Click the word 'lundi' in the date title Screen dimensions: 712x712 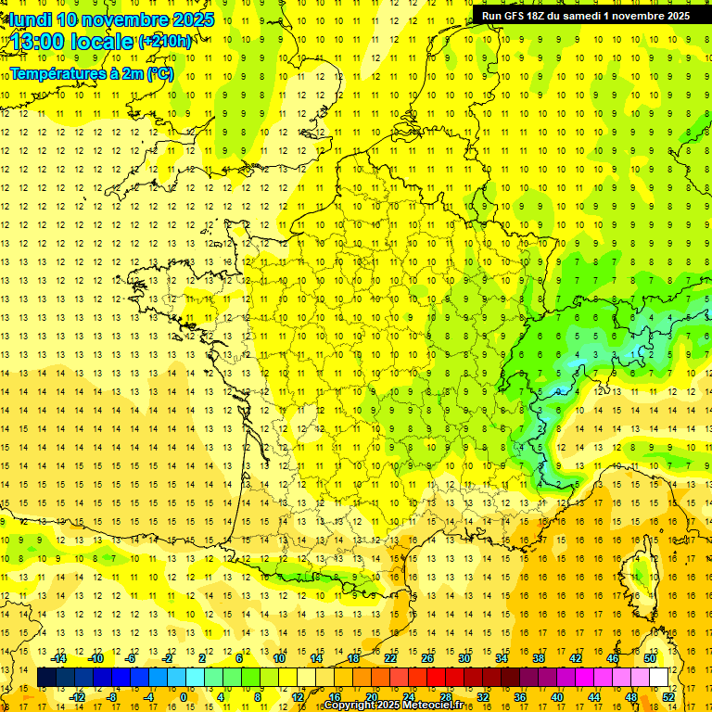coord(31,19)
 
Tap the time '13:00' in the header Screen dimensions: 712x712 coord(41,43)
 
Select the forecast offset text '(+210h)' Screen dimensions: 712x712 coord(165,42)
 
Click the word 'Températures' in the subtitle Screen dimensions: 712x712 coord(54,73)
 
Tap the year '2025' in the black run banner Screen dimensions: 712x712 coord(672,16)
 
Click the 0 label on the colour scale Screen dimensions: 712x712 coord(183,697)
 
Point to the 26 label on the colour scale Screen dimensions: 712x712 coord(427,658)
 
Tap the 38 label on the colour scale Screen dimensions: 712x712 coord(539,658)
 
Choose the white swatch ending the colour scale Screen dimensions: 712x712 coord(659,678)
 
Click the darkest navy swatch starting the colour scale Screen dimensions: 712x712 coord(47,678)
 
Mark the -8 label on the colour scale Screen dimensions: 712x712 coord(112,697)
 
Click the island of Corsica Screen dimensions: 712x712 coord(637,575)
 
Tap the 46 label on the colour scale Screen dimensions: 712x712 coord(613,658)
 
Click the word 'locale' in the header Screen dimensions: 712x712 coord(103,43)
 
